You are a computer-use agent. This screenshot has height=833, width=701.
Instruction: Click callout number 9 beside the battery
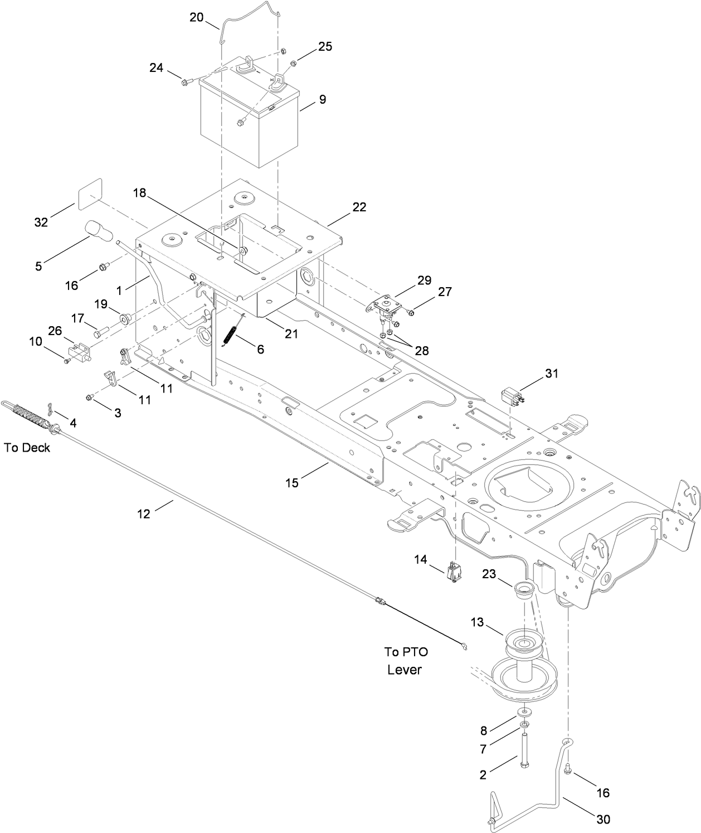pyautogui.click(x=323, y=100)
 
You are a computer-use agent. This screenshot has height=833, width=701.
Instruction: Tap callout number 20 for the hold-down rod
pyautogui.click(x=197, y=17)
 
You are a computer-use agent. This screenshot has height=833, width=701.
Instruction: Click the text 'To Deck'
pyautogui.click(x=27, y=447)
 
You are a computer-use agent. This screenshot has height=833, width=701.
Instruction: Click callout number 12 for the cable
pyautogui.click(x=144, y=514)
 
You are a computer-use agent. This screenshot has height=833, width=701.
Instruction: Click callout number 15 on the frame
pyautogui.click(x=292, y=483)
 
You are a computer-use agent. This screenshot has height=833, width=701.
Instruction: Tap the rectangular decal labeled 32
pyautogui.click(x=90, y=193)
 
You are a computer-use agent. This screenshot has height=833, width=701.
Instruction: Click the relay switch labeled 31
pyautogui.click(x=512, y=397)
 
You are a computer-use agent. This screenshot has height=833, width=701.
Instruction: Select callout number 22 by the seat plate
pyautogui.click(x=359, y=207)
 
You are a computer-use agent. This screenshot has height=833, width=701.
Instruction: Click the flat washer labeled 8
pyautogui.click(x=525, y=713)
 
